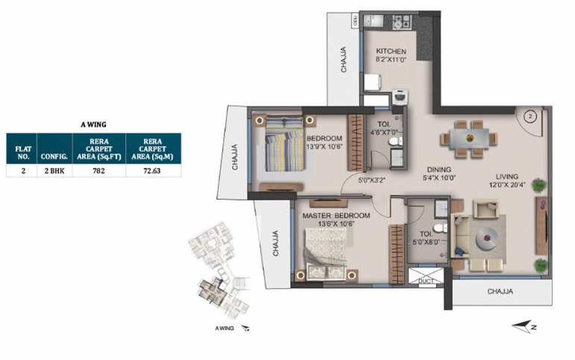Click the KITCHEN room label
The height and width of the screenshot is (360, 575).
(x=391, y=51)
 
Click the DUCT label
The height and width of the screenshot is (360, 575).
(x=426, y=281)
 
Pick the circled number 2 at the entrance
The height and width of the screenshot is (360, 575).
(x=530, y=116)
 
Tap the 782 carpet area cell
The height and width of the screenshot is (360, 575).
(x=98, y=171)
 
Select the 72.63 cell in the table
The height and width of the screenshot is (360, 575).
(x=152, y=171)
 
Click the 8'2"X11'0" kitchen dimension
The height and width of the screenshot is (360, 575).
(x=391, y=60)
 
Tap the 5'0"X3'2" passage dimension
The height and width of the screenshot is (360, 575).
(x=374, y=180)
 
